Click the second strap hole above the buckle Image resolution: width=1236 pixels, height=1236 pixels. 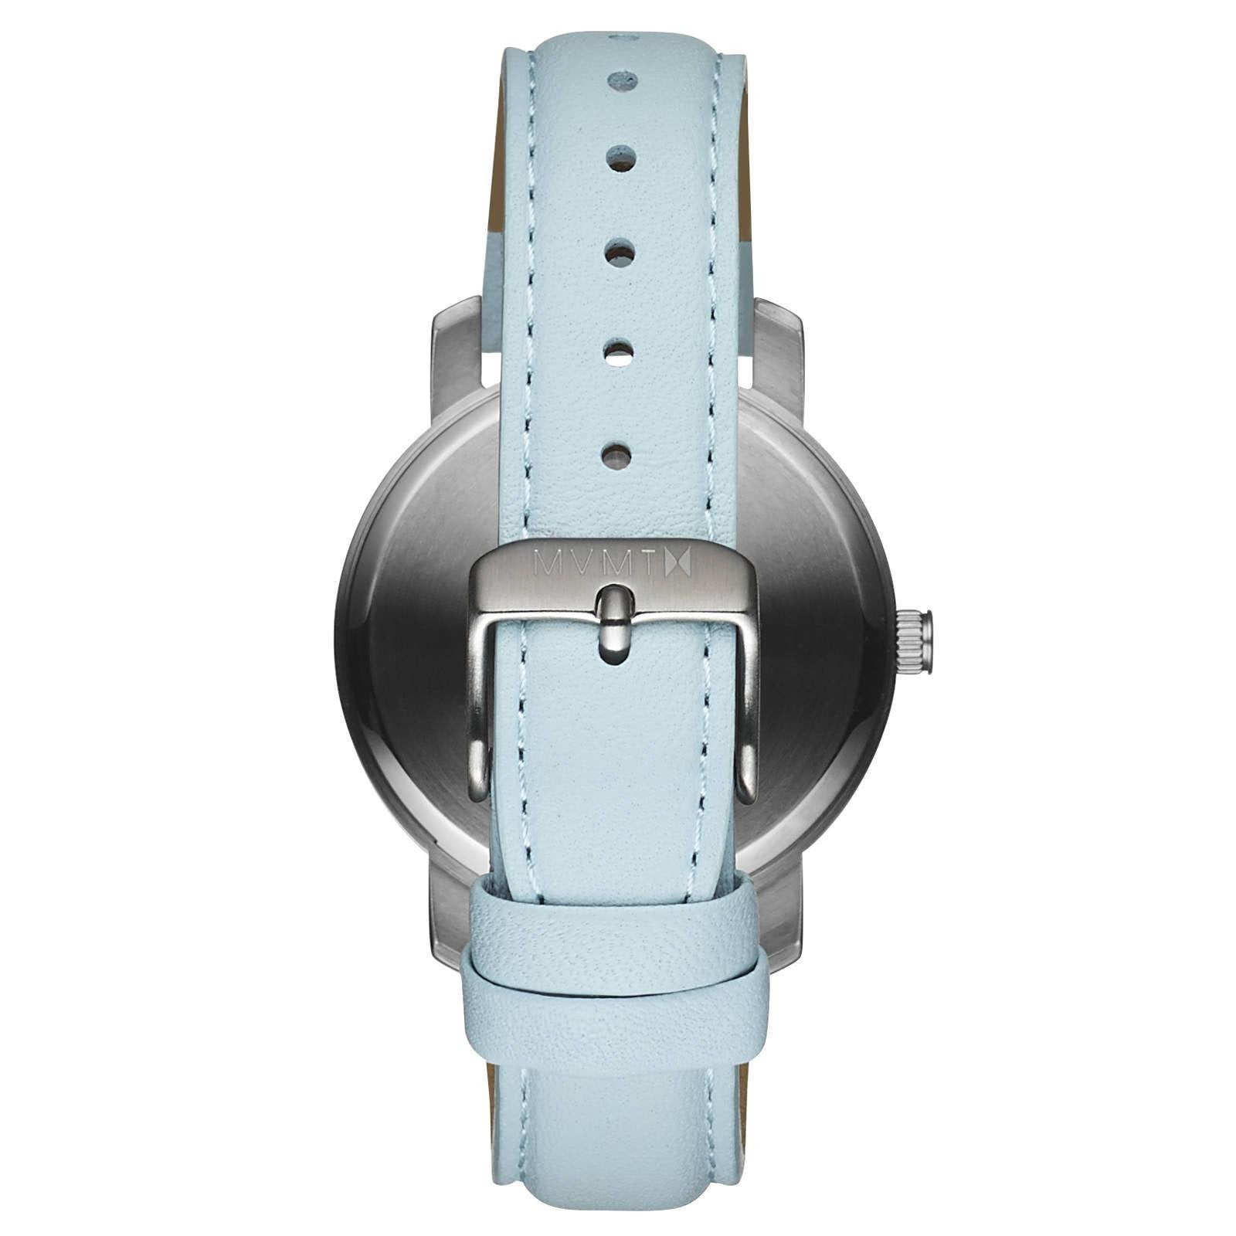click(x=618, y=352)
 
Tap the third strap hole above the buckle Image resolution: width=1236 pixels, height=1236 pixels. click(x=620, y=252)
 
